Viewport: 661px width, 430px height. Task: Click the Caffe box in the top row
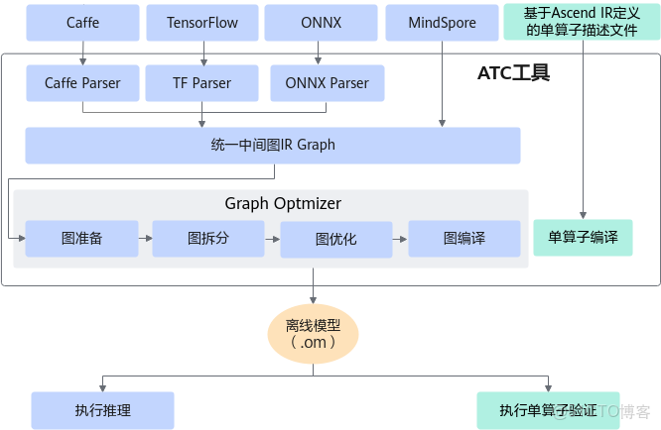(x=82, y=22)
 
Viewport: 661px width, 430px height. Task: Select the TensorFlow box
(x=202, y=22)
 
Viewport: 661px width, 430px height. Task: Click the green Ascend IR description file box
(x=583, y=22)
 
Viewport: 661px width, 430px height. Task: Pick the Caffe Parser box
(x=82, y=84)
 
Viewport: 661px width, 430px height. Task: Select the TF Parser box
(x=202, y=84)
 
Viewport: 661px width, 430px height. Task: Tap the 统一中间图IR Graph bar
(x=273, y=145)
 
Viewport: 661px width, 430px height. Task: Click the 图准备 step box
(x=82, y=239)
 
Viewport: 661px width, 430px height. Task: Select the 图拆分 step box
(x=208, y=239)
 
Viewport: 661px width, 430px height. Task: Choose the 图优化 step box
(x=336, y=239)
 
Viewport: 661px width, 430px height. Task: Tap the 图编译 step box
(x=464, y=239)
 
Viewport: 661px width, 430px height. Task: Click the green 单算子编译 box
(x=583, y=238)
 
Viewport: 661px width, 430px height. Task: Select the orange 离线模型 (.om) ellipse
(x=314, y=333)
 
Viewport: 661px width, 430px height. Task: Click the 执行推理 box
(x=102, y=409)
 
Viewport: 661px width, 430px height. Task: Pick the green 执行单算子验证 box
(x=548, y=409)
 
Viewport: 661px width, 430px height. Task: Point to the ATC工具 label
(x=512, y=73)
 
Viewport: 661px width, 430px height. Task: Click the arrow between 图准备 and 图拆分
(x=145, y=239)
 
